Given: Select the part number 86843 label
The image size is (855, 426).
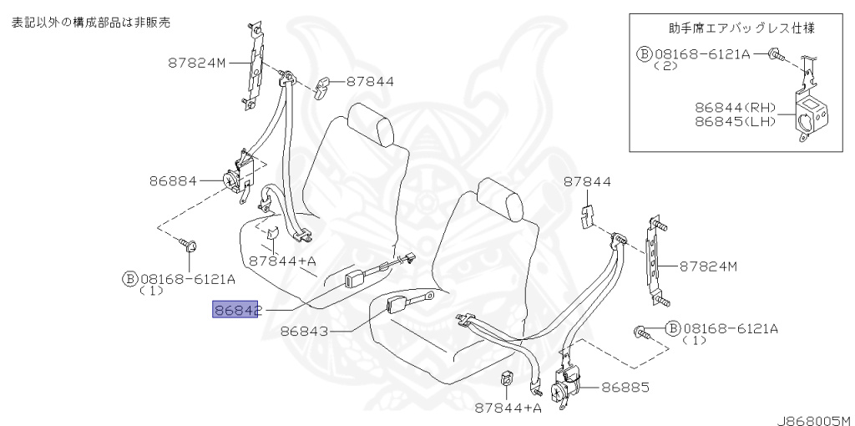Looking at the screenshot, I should [305, 331].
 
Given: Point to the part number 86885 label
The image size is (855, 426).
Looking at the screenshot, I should [619, 388].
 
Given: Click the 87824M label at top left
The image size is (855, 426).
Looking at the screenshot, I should [196, 62].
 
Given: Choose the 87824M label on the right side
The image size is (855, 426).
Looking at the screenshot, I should [708, 266].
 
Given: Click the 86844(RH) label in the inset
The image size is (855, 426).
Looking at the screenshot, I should [736, 108].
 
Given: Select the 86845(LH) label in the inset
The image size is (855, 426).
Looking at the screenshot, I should [736, 123].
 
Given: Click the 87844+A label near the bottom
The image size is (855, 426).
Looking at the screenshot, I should [508, 408].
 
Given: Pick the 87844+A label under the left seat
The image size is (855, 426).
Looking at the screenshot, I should [282, 261].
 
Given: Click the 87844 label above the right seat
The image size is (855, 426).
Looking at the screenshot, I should [587, 181].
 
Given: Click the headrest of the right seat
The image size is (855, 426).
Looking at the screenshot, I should [504, 204].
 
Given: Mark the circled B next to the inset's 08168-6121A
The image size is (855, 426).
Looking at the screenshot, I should [644, 53].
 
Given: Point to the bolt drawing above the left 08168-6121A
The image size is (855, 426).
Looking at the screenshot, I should [188, 245].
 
